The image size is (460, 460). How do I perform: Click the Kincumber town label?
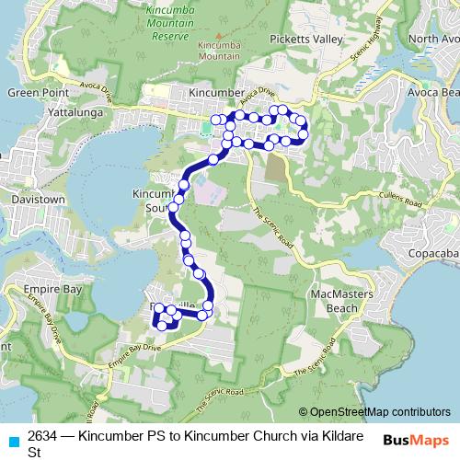(x=215, y=93)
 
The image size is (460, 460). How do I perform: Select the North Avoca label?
(x=433, y=39)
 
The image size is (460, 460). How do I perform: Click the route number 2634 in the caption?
(x=40, y=435)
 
